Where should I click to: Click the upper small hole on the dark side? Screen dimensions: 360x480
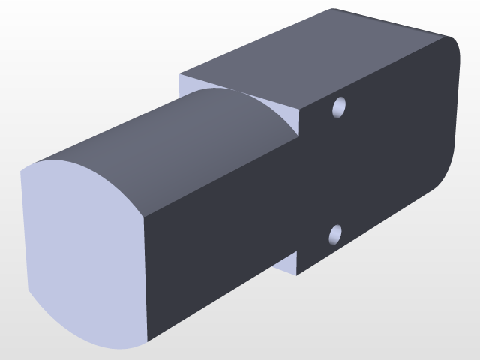[x=339, y=108]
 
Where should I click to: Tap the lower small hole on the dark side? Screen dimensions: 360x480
[x=336, y=235]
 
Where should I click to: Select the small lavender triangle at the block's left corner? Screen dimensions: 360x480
[x=187, y=84]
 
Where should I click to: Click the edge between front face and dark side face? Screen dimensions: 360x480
[x=144, y=277]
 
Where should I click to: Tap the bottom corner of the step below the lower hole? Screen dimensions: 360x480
[x=297, y=275]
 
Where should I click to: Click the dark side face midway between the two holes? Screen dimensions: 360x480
[x=337, y=172]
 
